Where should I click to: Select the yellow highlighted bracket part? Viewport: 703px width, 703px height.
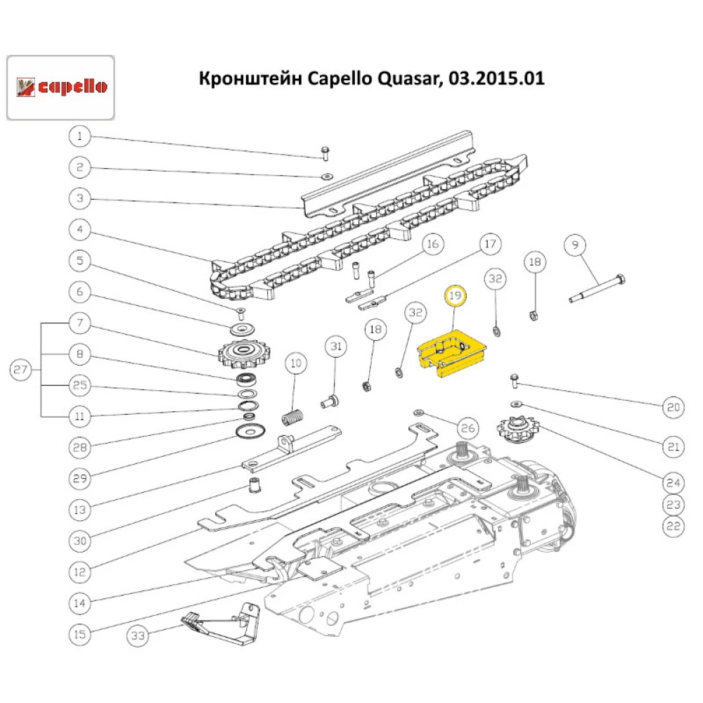tap(453, 355)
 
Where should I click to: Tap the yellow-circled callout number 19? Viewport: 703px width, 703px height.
tap(456, 297)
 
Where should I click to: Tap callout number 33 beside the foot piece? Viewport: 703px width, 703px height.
tap(138, 636)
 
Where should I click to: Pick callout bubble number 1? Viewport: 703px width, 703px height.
tap(80, 136)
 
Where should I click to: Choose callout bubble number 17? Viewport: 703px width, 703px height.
tap(491, 245)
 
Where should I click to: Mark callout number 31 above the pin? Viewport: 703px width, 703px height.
tap(336, 347)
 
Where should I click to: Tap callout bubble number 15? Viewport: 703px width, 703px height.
tap(80, 634)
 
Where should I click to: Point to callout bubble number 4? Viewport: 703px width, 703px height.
tap(80, 229)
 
